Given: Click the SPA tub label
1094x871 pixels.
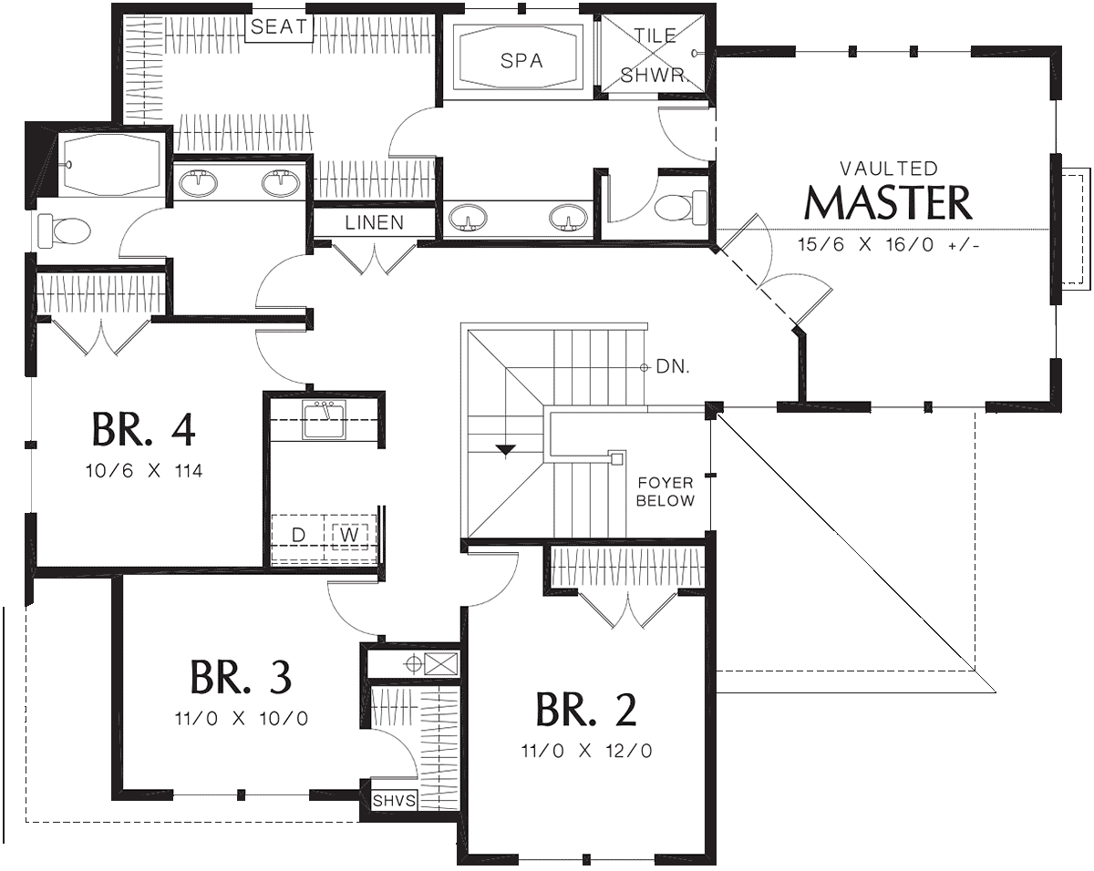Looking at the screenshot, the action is point(521,61).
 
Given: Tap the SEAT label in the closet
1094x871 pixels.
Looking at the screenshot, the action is point(279,26).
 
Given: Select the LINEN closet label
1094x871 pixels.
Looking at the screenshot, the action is point(375,222).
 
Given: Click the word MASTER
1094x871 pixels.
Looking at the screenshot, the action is point(888,203).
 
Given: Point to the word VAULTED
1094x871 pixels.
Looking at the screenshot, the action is point(889,169).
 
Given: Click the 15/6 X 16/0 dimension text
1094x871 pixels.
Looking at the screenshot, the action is point(888,245).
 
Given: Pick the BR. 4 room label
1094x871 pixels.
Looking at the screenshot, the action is point(144,429).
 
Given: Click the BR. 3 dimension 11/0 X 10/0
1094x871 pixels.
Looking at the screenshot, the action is point(242,719).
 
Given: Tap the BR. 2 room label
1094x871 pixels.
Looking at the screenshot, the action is point(586,710).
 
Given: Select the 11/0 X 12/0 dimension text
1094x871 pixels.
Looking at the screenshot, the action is point(586,751).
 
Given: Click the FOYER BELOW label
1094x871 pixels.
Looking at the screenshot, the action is point(666,491).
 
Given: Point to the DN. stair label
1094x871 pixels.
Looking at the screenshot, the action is point(673,366).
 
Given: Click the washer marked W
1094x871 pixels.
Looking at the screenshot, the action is point(350,536).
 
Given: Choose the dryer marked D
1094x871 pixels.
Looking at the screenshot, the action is point(298,535).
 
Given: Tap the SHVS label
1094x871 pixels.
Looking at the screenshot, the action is point(394,801).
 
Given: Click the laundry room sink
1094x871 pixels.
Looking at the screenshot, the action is point(324,419).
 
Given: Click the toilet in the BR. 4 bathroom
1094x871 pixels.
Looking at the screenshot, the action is point(64,231).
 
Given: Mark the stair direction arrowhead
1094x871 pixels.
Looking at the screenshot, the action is point(505,450).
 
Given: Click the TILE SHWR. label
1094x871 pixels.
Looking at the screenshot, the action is point(654,56).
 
